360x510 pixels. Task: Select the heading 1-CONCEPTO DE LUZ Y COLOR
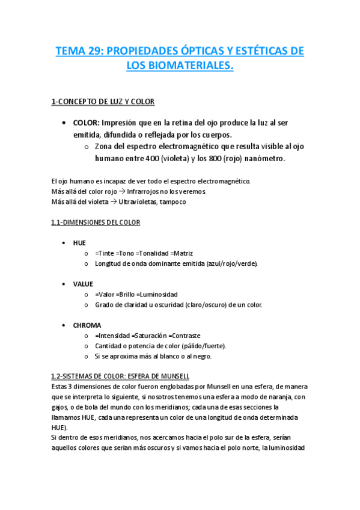[103, 102]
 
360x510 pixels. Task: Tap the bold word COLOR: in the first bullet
[86, 123]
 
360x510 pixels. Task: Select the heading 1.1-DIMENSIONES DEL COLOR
[96, 223]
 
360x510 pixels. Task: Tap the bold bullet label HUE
[79, 242]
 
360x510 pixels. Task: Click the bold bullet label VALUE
[83, 283]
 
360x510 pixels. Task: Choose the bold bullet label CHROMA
[87, 325]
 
